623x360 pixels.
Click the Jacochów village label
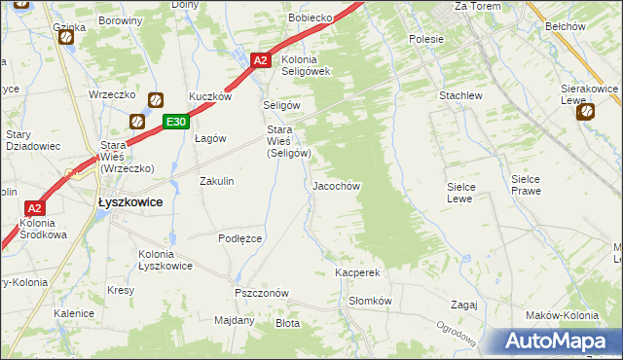tap(337, 185)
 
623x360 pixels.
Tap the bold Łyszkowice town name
tap(129, 201)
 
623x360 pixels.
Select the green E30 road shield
tap(175, 122)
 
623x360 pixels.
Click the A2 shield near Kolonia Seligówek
tap(260, 60)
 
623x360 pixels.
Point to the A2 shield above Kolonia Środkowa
tap(33, 208)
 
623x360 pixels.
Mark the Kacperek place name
tap(357, 273)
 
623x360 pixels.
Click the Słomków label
tap(370, 301)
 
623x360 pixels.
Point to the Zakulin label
tap(217, 181)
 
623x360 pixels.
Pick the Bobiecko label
tap(311, 18)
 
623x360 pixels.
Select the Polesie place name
tap(426, 39)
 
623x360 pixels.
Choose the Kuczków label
tap(209, 97)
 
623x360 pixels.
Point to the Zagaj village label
tap(463, 304)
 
